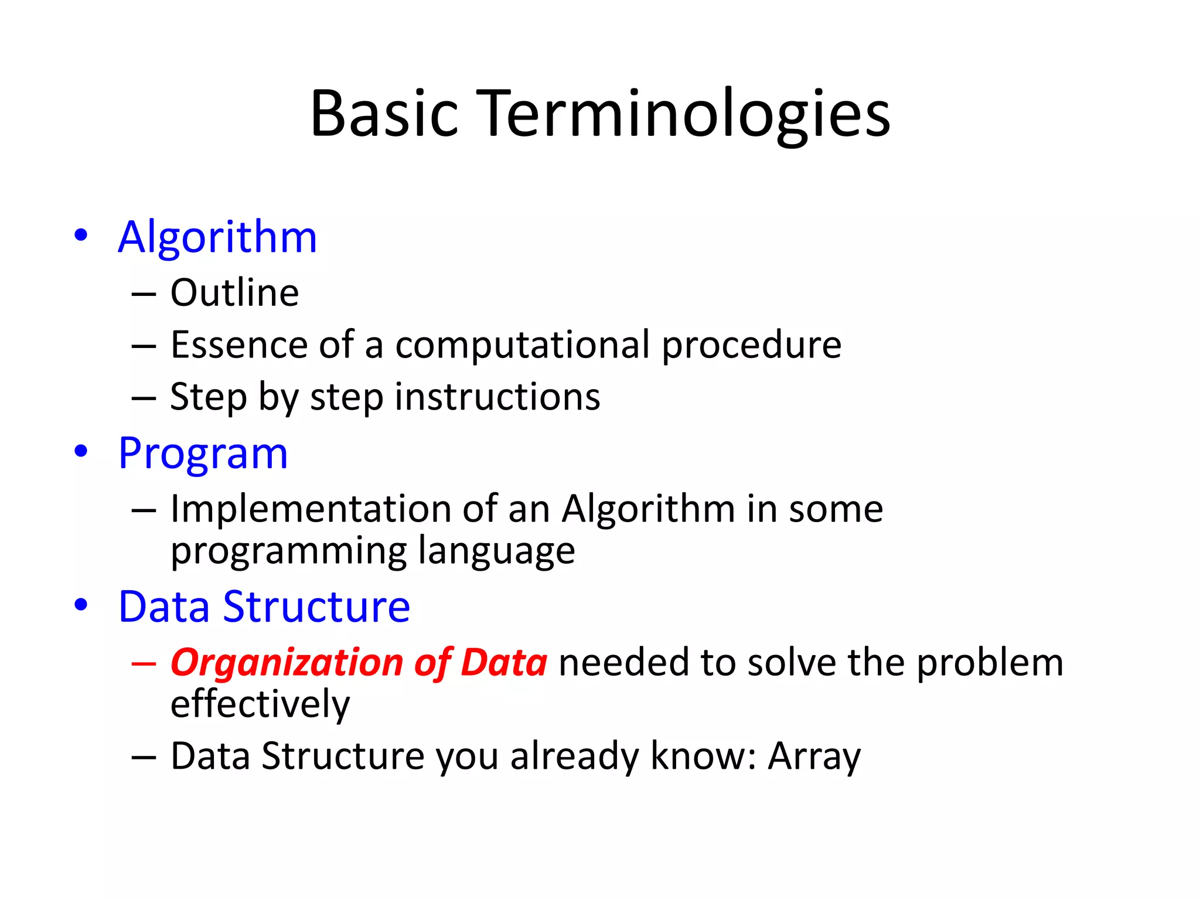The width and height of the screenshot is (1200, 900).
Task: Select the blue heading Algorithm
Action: coord(217,237)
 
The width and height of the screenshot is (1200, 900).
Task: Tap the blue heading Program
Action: coord(203,454)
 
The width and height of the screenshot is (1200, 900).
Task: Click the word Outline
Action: coord(234,292)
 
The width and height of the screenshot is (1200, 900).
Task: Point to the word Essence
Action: coord(238,345)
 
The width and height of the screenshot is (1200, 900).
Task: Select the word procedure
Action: coord(752,345)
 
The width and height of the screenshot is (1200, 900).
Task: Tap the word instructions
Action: coord(497,397)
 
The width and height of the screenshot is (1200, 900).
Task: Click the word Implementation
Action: coord(310,508)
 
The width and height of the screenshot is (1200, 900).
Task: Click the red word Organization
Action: coord(287,662)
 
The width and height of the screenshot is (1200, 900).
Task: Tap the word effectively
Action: coord(260,704)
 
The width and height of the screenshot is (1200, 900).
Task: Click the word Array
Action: coord(814,756)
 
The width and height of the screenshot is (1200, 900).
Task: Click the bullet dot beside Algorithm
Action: coord(81,235)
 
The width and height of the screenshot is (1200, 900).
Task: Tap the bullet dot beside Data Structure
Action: coord(81,604)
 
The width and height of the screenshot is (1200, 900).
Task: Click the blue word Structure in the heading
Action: coord(316,606)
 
